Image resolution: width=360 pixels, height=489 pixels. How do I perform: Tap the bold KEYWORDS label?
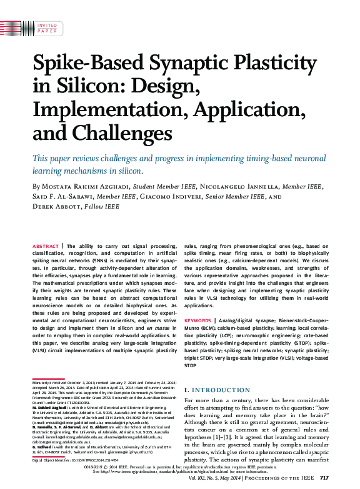[198, 320]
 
